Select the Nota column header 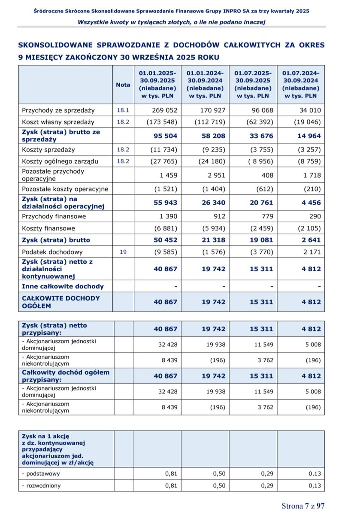point(123,85)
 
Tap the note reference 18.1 point(123,110)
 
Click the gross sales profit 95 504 point(165,136)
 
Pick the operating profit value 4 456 point(309,203)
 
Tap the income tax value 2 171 point(311,252)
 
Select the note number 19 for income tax point(123,252)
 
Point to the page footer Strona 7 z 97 point(303,506)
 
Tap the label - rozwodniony point(41,485)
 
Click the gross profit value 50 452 point(165,240)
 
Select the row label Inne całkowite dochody point(63,286)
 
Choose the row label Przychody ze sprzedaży point(52,110)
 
